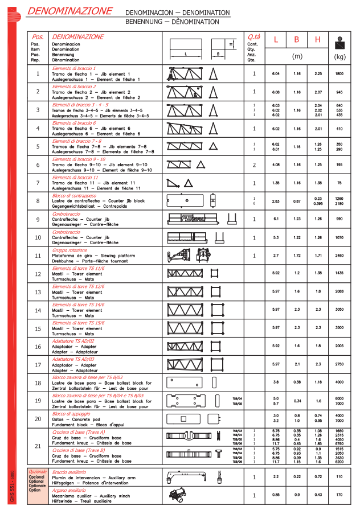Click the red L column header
tap(276, 40)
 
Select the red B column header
tap(297, 40)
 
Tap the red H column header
tap(318, 40)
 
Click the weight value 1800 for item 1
tap(339, 74)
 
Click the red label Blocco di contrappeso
tap(74, 196)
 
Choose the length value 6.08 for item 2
tap(276, 92)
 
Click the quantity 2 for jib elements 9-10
tap(254, 165)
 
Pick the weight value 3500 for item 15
tap(339, 328)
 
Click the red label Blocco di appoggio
tap(71, 413)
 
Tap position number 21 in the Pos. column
tap(38, 446)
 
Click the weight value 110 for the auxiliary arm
tap(339, 476)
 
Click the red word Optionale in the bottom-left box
tap(38, 472)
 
